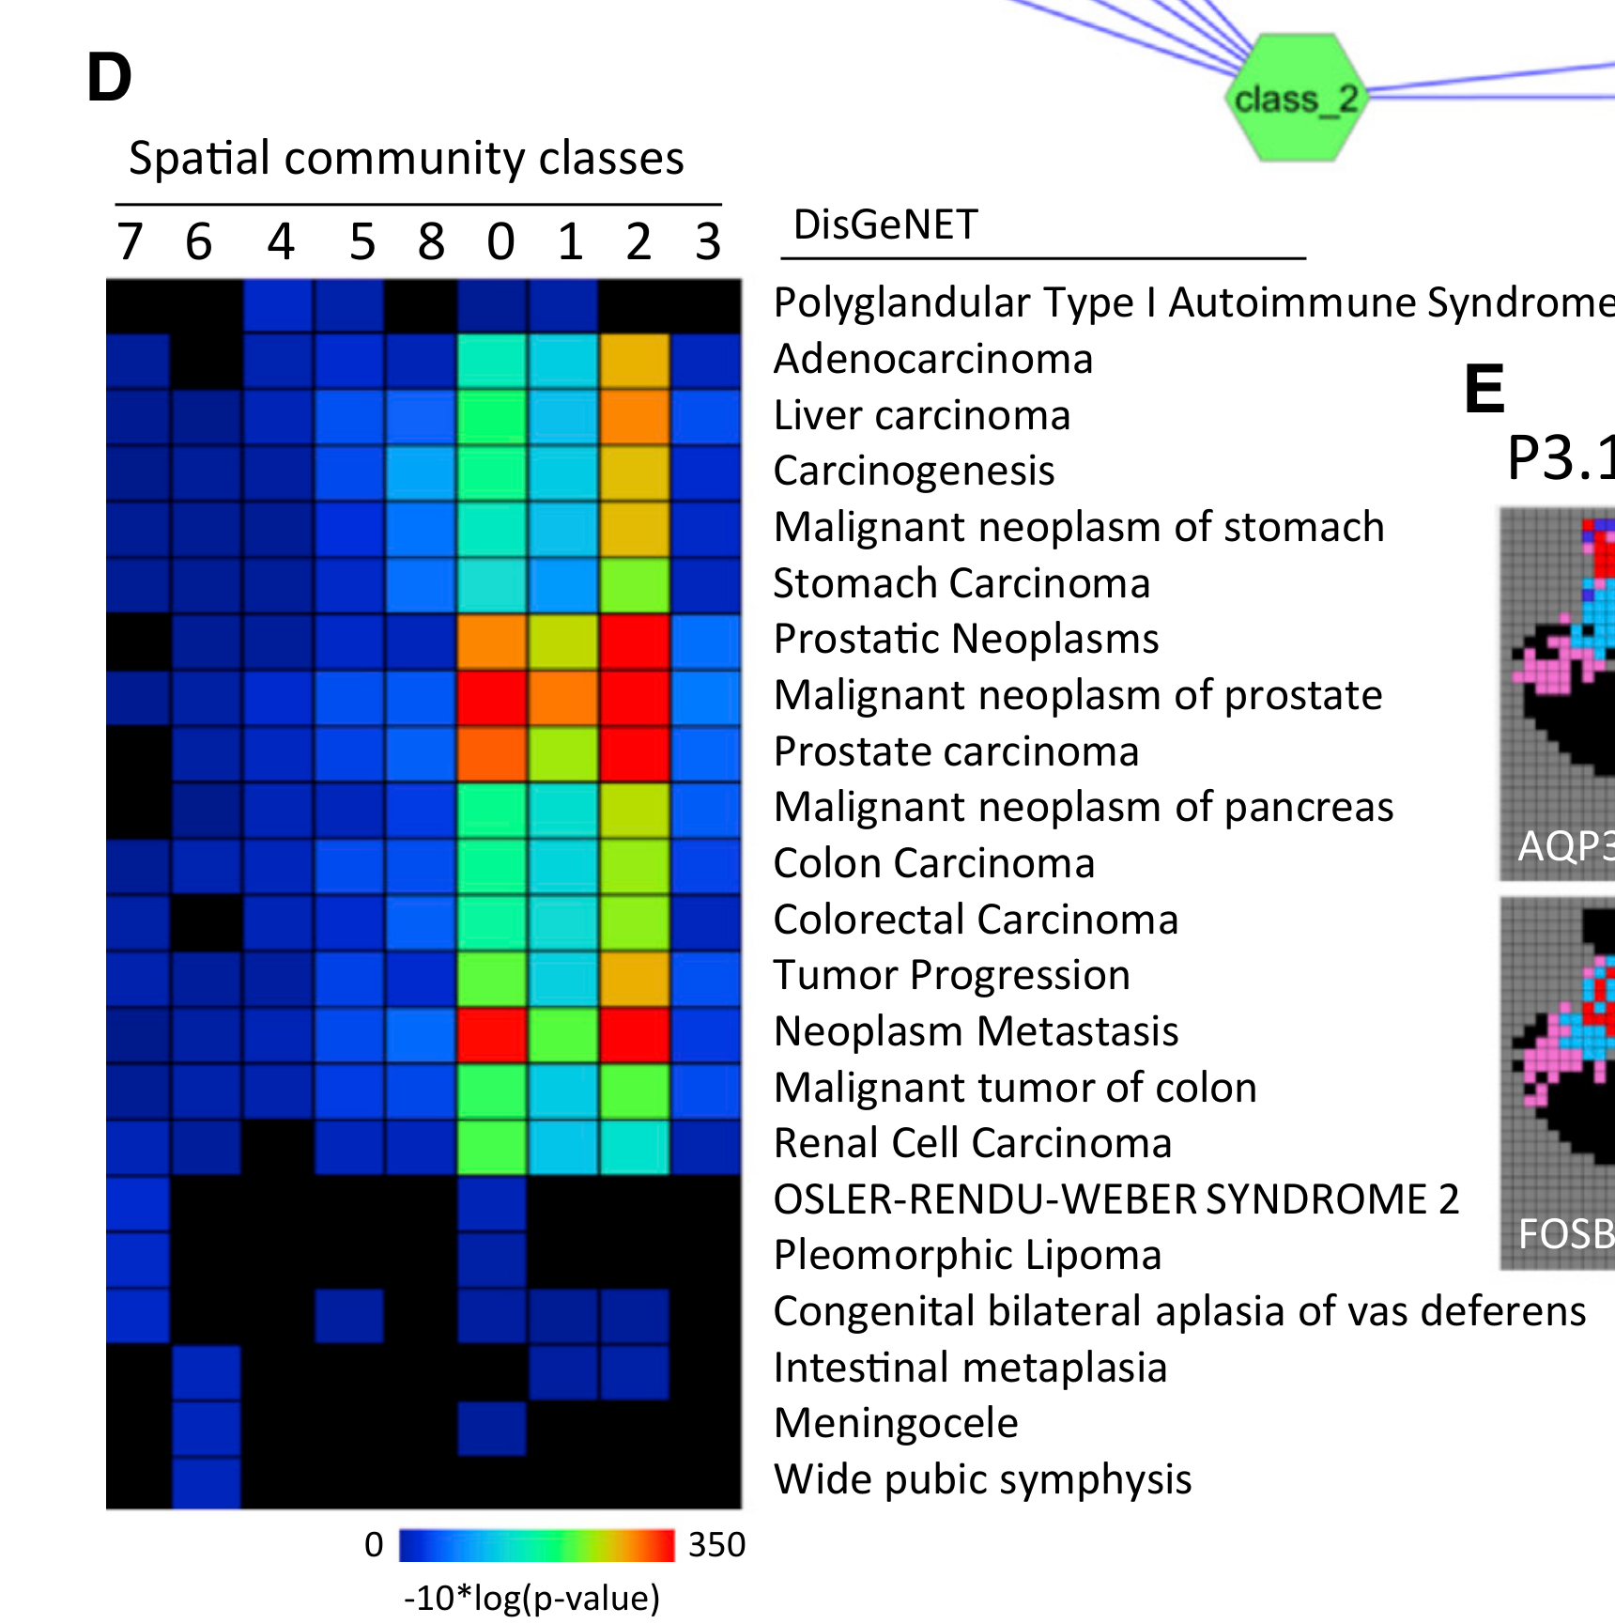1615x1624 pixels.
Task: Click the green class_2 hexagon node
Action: (1294, 98)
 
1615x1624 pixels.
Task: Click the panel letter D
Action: (109, 78)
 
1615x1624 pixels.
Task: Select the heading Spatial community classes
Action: (406, 158)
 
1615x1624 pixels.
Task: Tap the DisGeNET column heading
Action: (885, 225)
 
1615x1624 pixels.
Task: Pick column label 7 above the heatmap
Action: (130, 242)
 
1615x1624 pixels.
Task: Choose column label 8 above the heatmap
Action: (431, 242)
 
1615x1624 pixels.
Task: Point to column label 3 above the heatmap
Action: (708, 242)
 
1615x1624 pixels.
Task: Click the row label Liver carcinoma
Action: (921, 415)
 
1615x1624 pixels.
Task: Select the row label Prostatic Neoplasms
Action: (966, 639)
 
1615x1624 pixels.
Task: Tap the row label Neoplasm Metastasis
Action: (976, 1031)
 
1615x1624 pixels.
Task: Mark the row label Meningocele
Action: (896, 1423)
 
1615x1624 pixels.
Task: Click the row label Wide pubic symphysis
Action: (982, 1479)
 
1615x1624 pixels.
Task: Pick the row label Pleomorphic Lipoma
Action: (967, 1255)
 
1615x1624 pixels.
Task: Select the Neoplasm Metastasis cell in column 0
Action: (491, 1034)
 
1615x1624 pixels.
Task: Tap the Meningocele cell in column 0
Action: (491, 1428)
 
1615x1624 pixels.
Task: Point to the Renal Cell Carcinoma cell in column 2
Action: (635, 1147)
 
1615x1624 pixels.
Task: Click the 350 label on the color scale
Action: (716, 1545)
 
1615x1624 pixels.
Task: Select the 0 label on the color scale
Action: (374, 1545)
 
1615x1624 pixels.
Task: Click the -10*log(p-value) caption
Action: (531, 1598)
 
